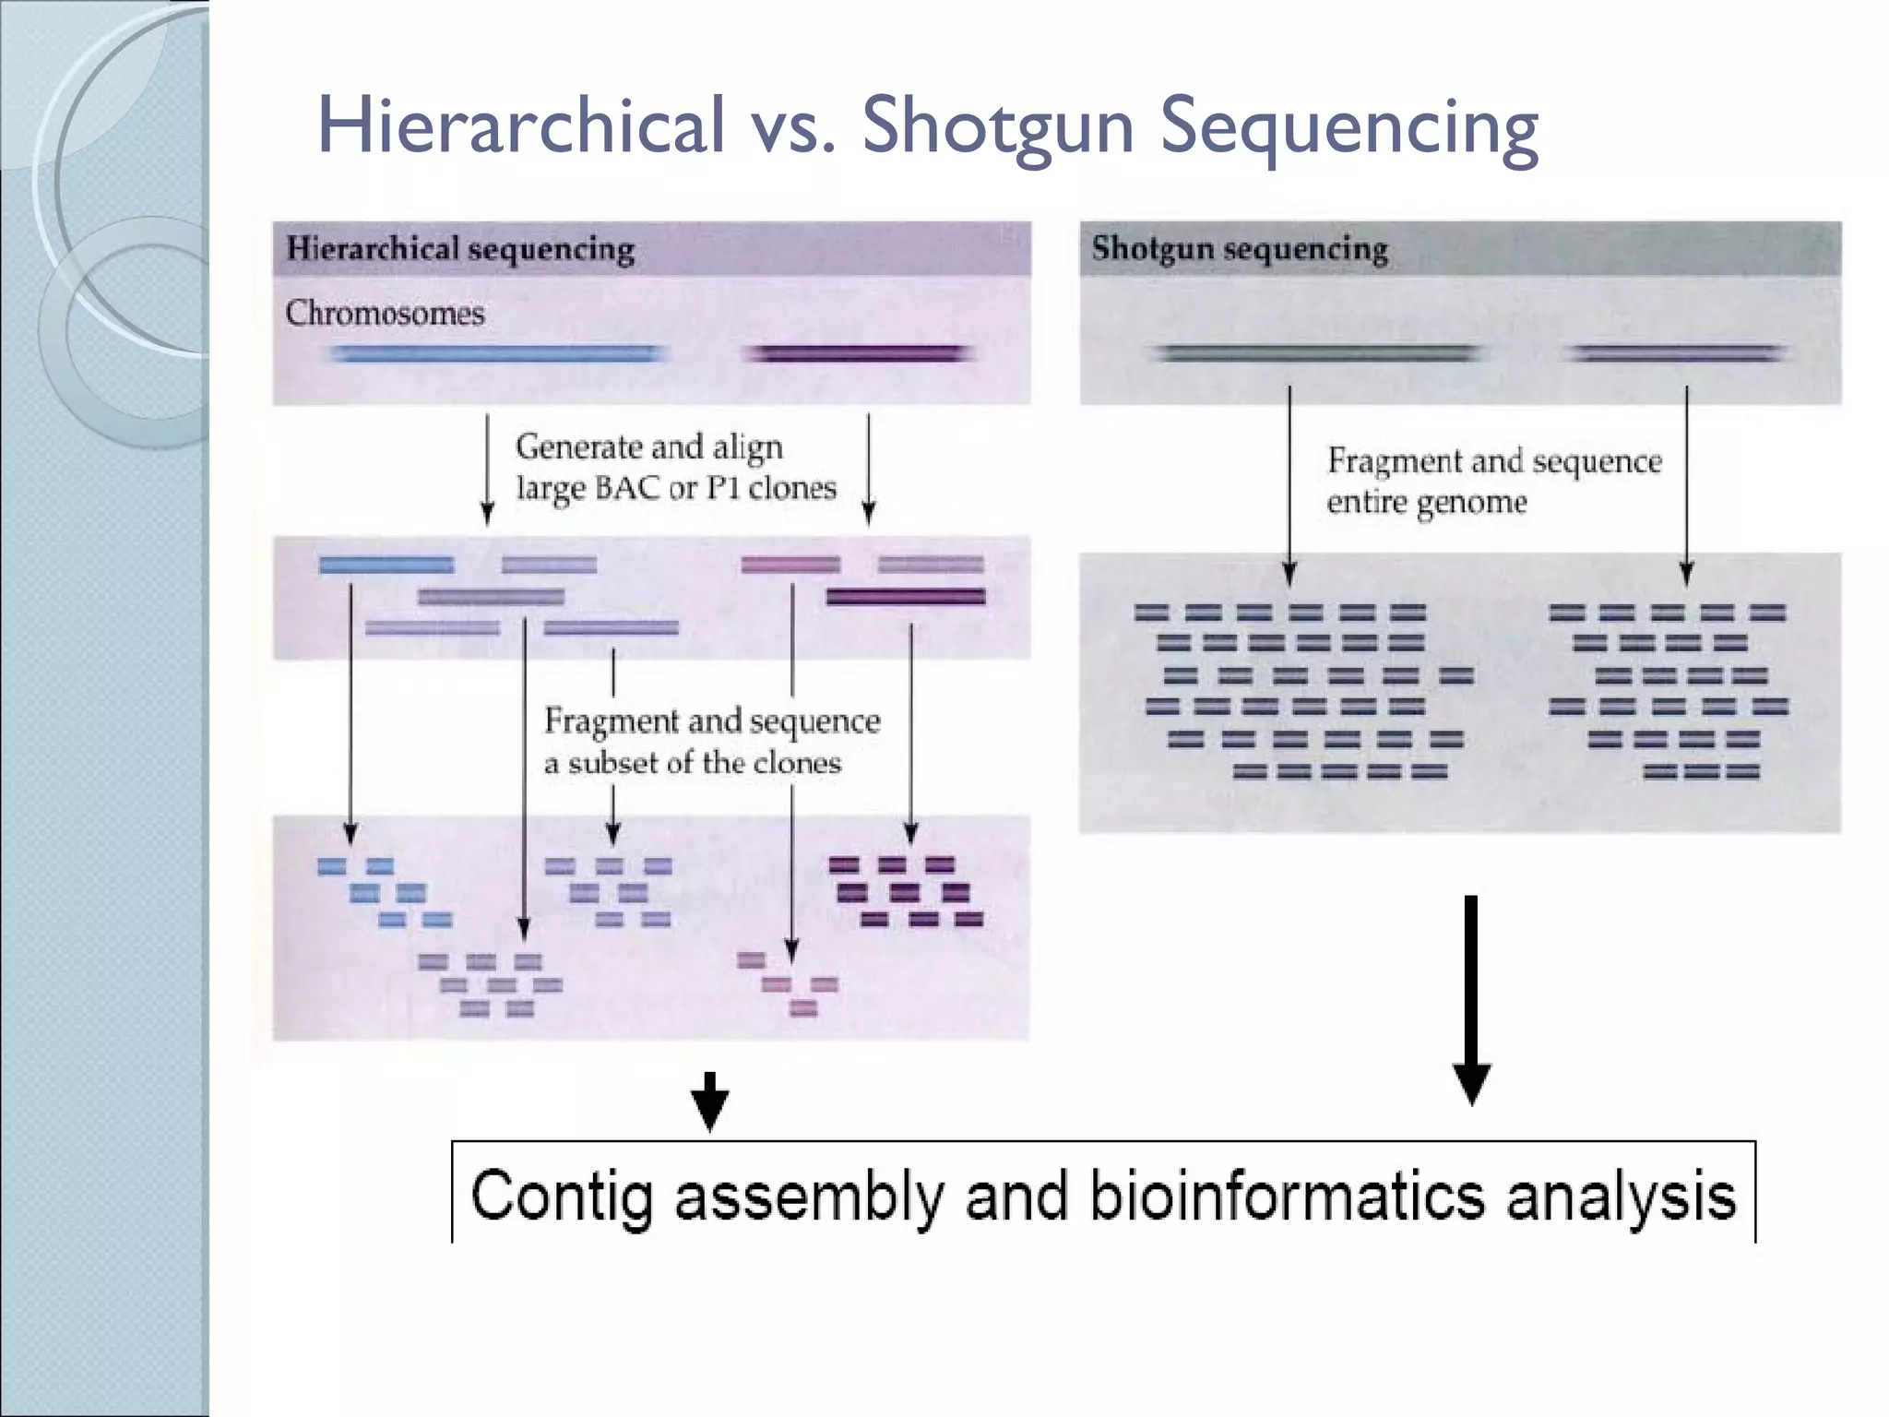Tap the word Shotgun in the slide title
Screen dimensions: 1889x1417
click(998, 127)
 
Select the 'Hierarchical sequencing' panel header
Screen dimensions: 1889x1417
click(460, 249)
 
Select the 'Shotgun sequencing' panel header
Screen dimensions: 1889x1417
click(1240, 249)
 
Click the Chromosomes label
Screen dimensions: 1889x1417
click(385, 313)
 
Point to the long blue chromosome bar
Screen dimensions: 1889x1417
click(498, 354)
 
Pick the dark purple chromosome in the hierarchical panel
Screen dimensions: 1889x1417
click(858, 354)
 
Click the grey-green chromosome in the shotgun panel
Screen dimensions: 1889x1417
click(1316, 354)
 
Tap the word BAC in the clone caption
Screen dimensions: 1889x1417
click(625, 487)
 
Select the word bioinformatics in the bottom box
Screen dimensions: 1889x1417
click(1287, 1197)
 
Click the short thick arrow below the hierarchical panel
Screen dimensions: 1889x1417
click(709, 1101)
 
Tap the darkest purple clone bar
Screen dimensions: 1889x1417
click(906, 597)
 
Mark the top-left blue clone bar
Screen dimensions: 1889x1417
click(386, 565)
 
